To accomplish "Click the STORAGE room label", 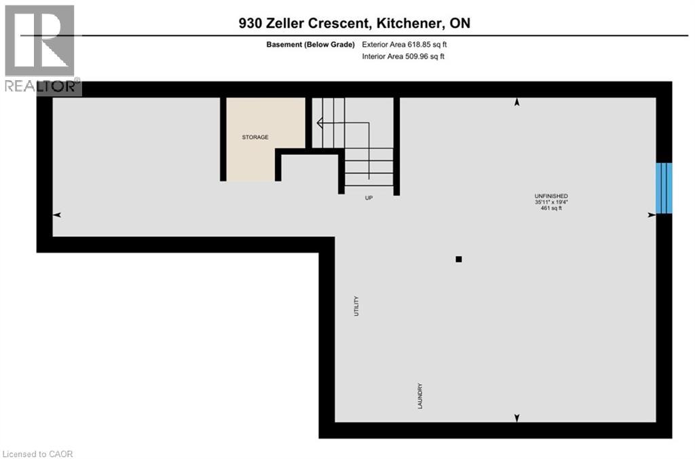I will click(x=255, y=137).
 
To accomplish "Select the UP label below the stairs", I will click(x=369, y=198).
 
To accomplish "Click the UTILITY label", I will click(x=356, y=306).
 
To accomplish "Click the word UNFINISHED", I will click(x=550, y=196).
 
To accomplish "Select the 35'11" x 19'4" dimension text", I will click(x=550, y=202).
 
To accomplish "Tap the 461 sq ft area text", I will click(x=550, y=209).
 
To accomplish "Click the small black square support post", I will click(x=459, y=259).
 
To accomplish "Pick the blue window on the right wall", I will click(x=664, y=187).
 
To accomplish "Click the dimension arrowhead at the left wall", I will click(x=57, y=215).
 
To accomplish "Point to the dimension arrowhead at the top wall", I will click(x=516, y=103).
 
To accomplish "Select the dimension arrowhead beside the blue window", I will click(x=652, y=215).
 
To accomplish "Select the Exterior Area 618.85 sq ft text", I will click(x=405, y=45).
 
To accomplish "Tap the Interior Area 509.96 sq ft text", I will click(x=403, y=57).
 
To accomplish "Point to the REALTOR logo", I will click(x=41, y=48).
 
